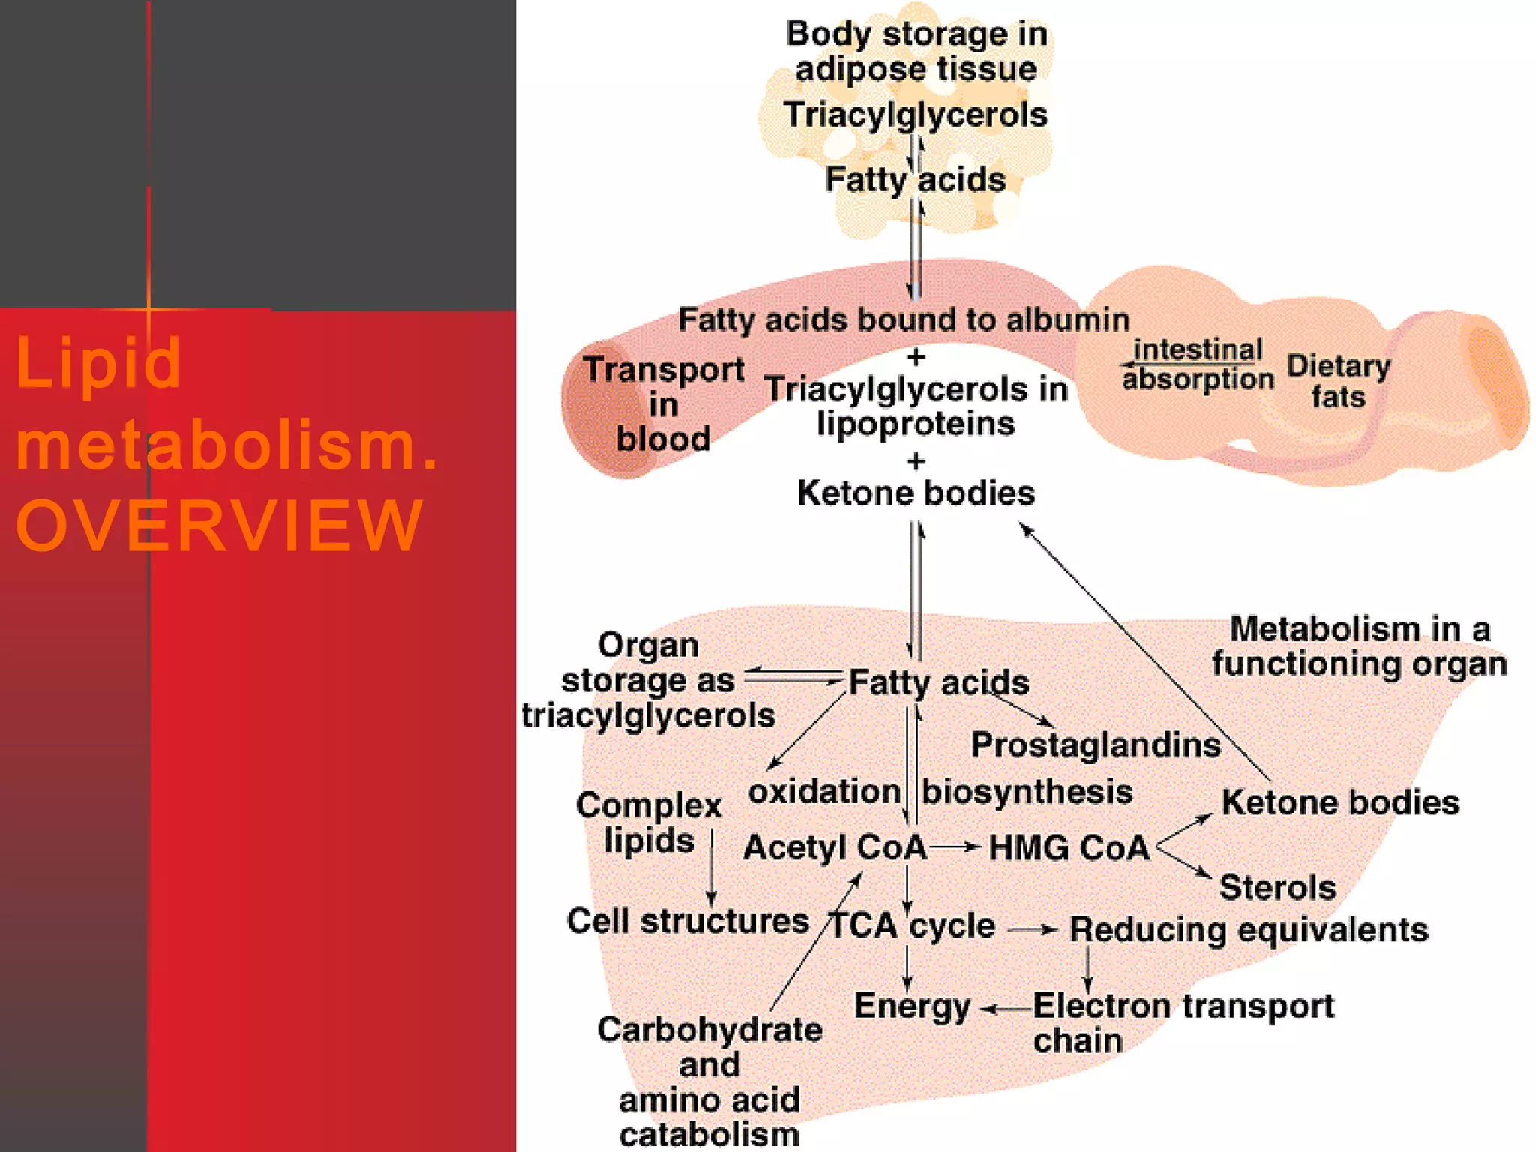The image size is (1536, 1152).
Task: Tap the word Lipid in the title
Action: [98, 363]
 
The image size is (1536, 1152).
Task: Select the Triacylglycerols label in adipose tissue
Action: [915, 115]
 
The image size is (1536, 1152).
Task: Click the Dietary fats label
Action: [1338, 380]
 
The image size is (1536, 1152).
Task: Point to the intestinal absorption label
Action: [1198, 364]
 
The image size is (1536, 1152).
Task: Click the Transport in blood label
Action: [663, 403]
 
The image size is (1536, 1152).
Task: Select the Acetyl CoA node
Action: [835, 847]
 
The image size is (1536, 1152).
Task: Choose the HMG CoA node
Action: [1069, 847]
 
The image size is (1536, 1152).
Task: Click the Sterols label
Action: [1277, 887]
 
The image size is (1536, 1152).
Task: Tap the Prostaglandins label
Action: [1095, 745]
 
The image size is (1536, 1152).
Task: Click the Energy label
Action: [912, 1006]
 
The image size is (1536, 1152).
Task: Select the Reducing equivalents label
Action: [1248, 929]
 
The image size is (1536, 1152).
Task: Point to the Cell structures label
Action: [688, 920]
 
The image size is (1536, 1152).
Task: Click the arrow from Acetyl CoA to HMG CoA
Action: [955, 847]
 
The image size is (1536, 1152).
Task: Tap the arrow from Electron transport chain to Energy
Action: [1006, 1009]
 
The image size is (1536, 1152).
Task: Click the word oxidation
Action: [823, 791]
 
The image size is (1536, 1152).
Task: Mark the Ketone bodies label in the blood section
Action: [916, 493]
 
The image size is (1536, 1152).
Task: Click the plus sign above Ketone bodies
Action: [916, 460]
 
